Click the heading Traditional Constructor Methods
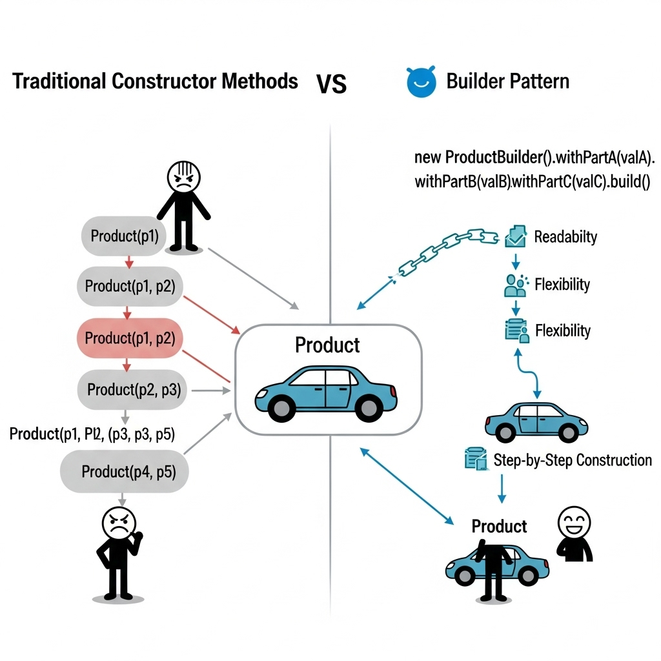[x=155, y=82]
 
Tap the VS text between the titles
[x=331, y=84]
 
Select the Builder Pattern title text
[x=508, y=82]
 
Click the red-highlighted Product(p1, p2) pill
[x=130, y=338]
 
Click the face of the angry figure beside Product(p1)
[x=184, y=176]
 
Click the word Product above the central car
[x=327, y=345]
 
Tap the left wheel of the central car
[x=281, y=407]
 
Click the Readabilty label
[x=565, y=237]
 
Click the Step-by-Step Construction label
[x=573, y=460]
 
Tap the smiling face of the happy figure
[x=573, y=521]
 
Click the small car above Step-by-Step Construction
[x=536, y=421]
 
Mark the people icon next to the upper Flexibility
[x=515, y=285]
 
